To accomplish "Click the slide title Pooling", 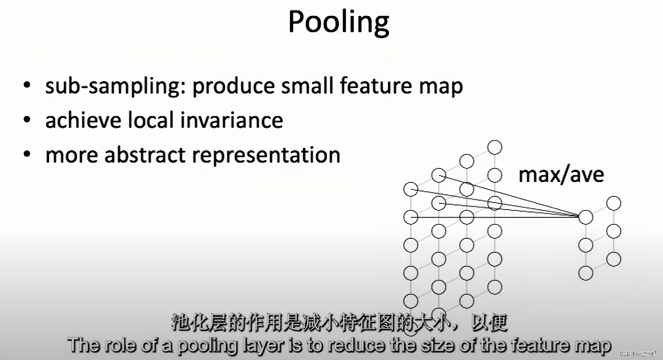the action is pyautogui.click(x=338, y=22).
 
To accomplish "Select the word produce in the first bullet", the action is pyautogui.click(x=233, y=86).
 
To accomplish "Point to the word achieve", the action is pyautogui.click(x=83, y=120).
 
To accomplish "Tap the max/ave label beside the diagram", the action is pyautogui.click(x=561, y=175).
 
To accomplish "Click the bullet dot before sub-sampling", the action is pyautogui.click(x=27, y=84).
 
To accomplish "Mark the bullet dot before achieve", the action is pyautogui.click(x=27, y=119).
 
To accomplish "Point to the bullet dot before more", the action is pyautogui.click(x=27, y=154).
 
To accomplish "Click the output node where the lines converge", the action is pyautogui.click(x=585, y=217).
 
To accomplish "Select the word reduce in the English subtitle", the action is pyautogui.click(x=356, y=346).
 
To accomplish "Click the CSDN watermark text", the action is pyautogui.click(x=638, y=354).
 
